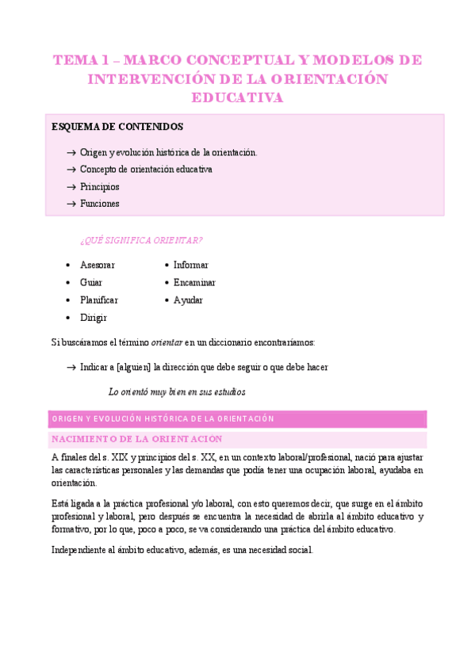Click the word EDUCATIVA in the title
coord(237,97)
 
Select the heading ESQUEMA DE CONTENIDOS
coord(117,127)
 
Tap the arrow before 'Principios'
coord(71,187)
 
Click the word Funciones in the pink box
coord(100,204)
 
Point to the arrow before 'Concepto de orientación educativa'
coord(71,170)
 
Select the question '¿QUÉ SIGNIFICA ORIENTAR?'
coord(141,241)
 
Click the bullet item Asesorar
coord(98,265)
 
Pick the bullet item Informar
coord(191,265)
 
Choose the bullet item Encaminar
coord(194,282)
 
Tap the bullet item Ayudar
coord(188,300)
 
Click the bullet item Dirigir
coord(94,318)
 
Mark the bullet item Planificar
coord(99,300)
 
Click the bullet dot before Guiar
coord(69,283)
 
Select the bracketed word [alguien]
coord(133,367)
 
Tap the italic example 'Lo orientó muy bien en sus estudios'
coord(177,391)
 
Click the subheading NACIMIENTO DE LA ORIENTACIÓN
coord(136,439)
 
